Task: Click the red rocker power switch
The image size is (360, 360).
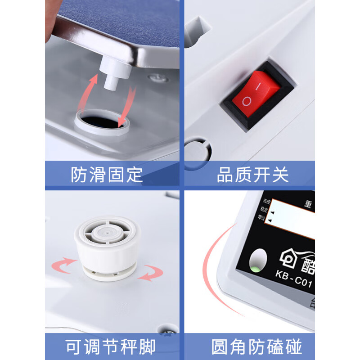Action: point(256,94)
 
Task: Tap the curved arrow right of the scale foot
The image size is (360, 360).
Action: point(150,272)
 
